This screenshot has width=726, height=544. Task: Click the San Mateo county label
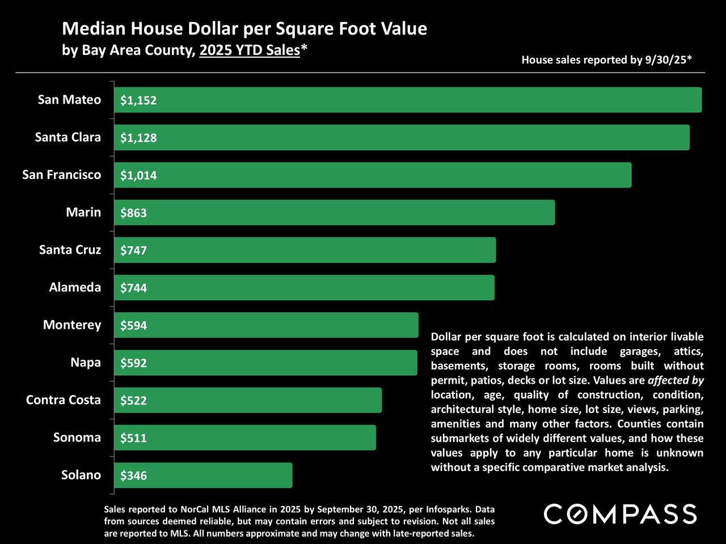pyautogui.click(x=69, y=100)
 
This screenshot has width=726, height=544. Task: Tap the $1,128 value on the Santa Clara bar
pyautogui.click(x=138, y=138)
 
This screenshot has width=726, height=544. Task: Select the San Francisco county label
pyautogui.click(x=61, y=175)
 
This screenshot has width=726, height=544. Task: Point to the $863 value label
pyautogui.click(x=133, y=213)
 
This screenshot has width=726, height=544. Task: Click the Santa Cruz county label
pyautogui.click(x=70, y=250)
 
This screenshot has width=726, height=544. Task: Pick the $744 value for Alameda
pyautogui.click(x=133, y=288)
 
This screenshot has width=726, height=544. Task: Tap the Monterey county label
pyautogui.click(x=72, y=325)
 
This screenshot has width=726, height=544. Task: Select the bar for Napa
pyautogui.click(x=265, y=363)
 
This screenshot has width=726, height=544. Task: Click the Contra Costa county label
pyautogui.click(x=63, y=400)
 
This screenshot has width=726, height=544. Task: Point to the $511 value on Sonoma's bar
pyautogui.click(x=133, y=438)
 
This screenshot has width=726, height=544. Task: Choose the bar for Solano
pyautogui.click(x=203, y=475)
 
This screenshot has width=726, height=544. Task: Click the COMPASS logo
pyautogui.click(x=621, y=515)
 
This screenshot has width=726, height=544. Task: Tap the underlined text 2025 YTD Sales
pyautogui.click(x=250, y=50)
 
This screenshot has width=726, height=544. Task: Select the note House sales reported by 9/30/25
pyautogui.click(x=606, y=59)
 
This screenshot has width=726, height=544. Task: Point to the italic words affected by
pyautogui.click(x=676, y=380)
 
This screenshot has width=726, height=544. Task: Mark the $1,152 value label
pyautogui.click(x=138, y=100)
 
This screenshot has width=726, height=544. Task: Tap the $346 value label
pyautogui.click(x=133, y=475)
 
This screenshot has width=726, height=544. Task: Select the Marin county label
pyautogui.click(x=83, y=212)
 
